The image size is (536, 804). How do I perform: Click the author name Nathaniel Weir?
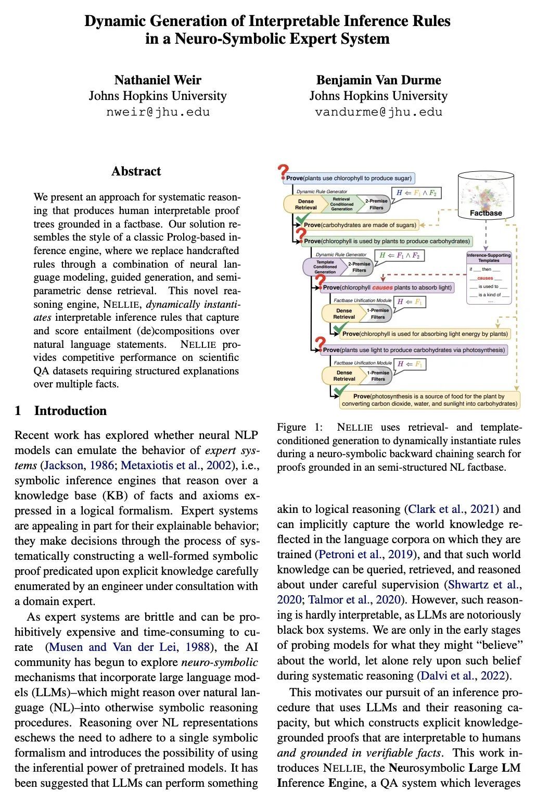(x=158, y=80)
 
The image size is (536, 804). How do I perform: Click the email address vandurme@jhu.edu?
(x=378, y=111)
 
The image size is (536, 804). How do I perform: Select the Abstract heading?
(x=136, y=171)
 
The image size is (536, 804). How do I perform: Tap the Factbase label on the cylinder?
(x=486, y=212)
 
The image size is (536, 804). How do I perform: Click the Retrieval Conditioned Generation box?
(x=341, y=204)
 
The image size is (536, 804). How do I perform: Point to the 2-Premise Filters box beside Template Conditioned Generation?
(x=359, y=267)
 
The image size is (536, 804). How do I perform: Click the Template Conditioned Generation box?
(x=325, y=267)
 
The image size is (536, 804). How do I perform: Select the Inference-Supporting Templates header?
(x=489, y=257)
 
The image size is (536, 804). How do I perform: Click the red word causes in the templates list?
(x=485, y=278)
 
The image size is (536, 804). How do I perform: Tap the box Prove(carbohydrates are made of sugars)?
(x=360, y=225)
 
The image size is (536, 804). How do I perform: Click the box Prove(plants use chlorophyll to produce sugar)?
(x=349, y=178)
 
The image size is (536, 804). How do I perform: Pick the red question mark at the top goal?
(x=283, y=171)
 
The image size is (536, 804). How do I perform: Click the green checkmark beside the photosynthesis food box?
(x=342, y=392)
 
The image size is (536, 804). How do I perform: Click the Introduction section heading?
(x=70, y=411)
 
